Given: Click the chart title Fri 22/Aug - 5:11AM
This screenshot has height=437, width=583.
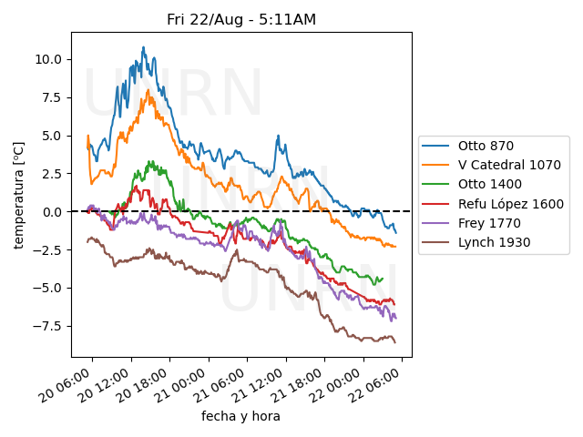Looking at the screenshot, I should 241,19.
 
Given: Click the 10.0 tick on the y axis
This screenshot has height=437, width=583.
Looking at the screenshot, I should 47,59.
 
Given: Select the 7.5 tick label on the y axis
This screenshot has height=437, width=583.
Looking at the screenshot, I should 51,97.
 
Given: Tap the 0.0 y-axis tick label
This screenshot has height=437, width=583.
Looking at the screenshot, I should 51,211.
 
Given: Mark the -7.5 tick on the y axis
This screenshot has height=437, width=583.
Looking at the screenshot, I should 47,326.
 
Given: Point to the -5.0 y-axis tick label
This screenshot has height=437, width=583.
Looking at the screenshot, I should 47,288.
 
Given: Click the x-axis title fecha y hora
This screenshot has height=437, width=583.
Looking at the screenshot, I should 240,416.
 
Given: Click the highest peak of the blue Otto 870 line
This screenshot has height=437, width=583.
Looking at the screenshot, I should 143,47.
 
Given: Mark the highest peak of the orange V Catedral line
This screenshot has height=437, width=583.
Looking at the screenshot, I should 148,89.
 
